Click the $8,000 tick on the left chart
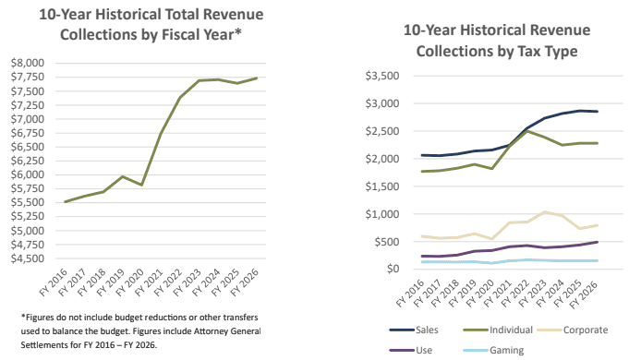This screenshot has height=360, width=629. (28, 63)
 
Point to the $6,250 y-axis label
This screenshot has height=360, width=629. (28, 161)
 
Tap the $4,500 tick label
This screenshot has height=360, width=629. (28, 258)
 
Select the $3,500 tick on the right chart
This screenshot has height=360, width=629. (382, 76)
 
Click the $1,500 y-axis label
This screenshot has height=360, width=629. (382, 186)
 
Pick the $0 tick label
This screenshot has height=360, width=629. (393, 269)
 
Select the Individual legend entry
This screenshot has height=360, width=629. (498, 330)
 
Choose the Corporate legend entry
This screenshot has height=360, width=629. (573, 330)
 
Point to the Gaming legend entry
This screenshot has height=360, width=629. (493, 350)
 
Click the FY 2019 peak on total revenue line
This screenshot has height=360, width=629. (123, 176)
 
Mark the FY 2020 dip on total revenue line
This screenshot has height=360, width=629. (141, 185)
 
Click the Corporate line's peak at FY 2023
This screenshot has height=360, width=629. (544, 212)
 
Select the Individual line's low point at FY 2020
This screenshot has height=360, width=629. (491, 169)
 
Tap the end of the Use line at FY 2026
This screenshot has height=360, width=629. (598, 242)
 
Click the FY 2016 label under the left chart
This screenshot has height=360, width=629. (54, 282)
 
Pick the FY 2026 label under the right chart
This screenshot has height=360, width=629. (584, 294)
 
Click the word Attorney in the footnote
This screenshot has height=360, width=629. (212, 331)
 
